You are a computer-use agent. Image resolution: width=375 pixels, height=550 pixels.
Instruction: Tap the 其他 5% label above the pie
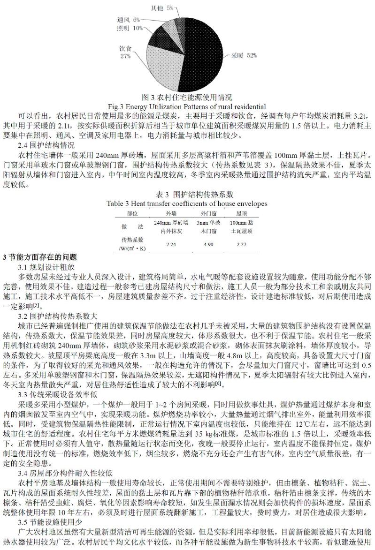(161, 8)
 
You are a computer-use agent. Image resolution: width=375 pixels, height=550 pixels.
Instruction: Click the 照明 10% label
(130, 28)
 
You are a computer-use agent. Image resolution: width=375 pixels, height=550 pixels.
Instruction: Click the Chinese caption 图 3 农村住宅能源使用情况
(187, 98)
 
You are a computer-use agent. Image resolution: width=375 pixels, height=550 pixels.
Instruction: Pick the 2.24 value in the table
(172, 244)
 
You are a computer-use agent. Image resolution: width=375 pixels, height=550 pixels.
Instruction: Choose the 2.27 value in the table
(241, 244)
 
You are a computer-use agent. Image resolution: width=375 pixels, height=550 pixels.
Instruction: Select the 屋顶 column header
(241, 212)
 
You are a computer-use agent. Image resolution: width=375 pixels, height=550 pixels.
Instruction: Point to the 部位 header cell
(132, 212)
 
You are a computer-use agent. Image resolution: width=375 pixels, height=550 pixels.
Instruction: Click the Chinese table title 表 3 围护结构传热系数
(187, 195)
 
